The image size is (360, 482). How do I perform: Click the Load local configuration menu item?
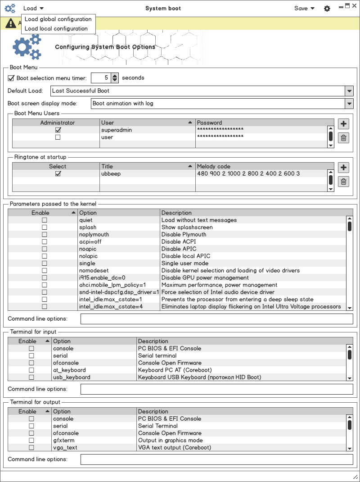click(x=56, y=28)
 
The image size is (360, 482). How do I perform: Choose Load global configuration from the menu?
click(x=58, y=19)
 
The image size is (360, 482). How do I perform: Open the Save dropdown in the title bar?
click(x=304, y=8)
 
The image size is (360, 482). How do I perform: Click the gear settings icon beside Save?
click(x=327, y=8)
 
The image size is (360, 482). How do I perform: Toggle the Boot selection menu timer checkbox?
click(x=11, y=78)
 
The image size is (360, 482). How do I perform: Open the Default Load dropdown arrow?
click(x=349, y=91)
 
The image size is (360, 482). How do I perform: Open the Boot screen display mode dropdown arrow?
click(x=349, y=104)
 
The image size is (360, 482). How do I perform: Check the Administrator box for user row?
click(x=58, y=137)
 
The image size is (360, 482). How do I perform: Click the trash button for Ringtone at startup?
click(x=343, y=182)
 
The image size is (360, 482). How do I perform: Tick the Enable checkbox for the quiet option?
click(x=45, y=220)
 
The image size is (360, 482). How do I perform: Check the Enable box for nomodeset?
click(x=45, y=271)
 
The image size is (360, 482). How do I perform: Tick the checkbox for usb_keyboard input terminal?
click(x=31, y=377)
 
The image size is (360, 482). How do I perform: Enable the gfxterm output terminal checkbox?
click(x=31, y=441)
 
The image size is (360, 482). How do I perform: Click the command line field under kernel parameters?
click(x=216, y=319)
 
